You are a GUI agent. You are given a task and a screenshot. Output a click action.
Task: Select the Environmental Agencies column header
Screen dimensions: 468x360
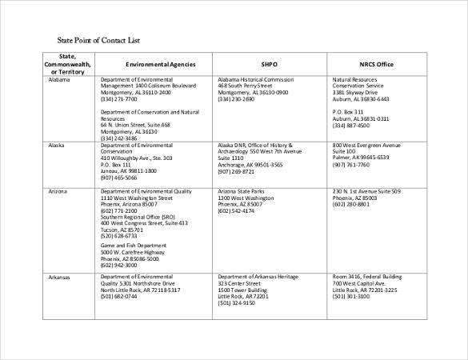(x=155, y=63)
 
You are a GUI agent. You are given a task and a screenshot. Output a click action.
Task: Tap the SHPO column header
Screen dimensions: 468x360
(x=270, y=63)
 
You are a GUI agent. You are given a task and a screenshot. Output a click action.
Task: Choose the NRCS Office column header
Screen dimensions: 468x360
(x=376, y=63)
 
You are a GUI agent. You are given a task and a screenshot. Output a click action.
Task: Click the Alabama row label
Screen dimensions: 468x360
(x=59, y=80)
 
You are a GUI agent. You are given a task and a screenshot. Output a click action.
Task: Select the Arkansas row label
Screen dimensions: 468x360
(x=59, y=277)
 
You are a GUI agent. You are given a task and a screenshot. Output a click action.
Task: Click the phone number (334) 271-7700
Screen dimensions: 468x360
(x=118, y=98)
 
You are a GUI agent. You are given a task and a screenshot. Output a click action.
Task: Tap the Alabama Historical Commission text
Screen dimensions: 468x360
(x=256, y=80)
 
